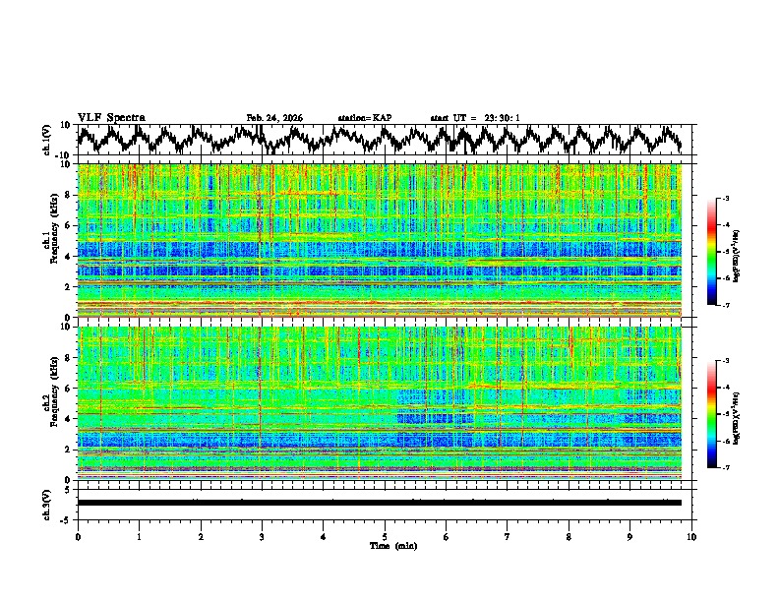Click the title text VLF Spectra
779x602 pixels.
pyautogui.click(x=111, y=118)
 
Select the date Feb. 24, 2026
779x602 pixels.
pyautogui.click(x=274, y=118)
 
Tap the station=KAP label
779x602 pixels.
pyautogui.click(x=364, y=118)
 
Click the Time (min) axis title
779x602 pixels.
pyautogui.click(x=392, y=545)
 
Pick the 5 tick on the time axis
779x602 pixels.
pyautogui.click(x=385, y=535)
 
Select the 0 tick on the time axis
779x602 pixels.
pyautogui.click(x=78, y=535)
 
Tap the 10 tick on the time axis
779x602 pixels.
pyautogui.click(x=691, y=535)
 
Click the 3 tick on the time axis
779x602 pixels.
pyautogui.click(x=262, y=535)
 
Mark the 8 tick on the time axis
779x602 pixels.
pyautogui.click(x=569, y=535)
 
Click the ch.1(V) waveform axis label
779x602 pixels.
pyautogui.click(x=47, y=140)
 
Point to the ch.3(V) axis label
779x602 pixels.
pyautogui.click(x=47, y=503)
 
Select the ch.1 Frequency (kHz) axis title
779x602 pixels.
pyautogui.click(x=51, y=240)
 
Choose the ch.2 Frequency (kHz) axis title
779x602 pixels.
pyautogui.click(x=51, y=402)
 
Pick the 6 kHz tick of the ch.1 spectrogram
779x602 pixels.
pyautogui.click(x=69, y=225)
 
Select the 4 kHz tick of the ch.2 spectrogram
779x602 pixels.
pyautogui.click(x=69, y=418)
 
